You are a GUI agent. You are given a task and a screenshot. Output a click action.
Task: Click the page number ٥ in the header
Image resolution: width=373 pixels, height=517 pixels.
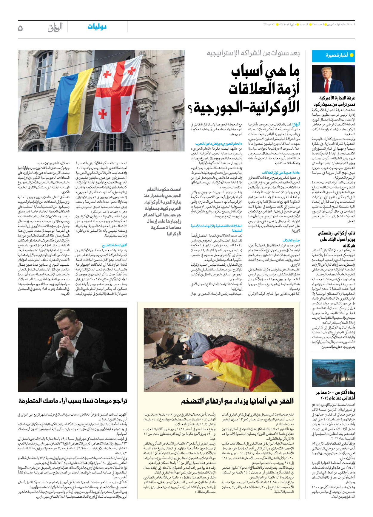[20, 28]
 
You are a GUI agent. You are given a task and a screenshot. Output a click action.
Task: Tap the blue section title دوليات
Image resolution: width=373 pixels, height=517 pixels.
[97, 27]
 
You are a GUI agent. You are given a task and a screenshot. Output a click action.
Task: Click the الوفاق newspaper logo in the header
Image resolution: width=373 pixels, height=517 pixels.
[55, 28]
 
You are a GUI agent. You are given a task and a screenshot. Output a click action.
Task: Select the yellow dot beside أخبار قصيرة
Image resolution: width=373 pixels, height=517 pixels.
[352, 55]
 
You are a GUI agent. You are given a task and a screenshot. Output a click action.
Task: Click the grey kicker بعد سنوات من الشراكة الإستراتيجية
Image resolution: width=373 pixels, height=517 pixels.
[253, 53]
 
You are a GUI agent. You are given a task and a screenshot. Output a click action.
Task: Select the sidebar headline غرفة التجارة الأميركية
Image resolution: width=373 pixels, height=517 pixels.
[337, 98]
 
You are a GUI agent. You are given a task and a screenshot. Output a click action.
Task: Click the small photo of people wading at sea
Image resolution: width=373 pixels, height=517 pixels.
[333, 373]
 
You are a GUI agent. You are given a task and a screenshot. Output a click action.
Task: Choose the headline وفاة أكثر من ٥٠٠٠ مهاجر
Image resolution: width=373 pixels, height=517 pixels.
[335, 395]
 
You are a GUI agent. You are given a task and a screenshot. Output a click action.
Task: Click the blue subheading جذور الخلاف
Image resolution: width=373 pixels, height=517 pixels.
[291, 240]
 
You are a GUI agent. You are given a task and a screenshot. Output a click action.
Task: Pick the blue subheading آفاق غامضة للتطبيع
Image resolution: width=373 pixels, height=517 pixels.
[115, 246]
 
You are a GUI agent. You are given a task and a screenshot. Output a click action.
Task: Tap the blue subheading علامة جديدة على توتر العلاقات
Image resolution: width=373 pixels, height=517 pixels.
[281, 173]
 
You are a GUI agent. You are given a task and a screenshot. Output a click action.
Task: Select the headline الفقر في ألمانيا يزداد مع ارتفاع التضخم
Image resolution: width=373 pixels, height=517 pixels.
[237, 401]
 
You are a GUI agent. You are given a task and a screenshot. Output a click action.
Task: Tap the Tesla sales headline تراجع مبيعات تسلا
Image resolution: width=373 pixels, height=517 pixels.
[73, 401]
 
